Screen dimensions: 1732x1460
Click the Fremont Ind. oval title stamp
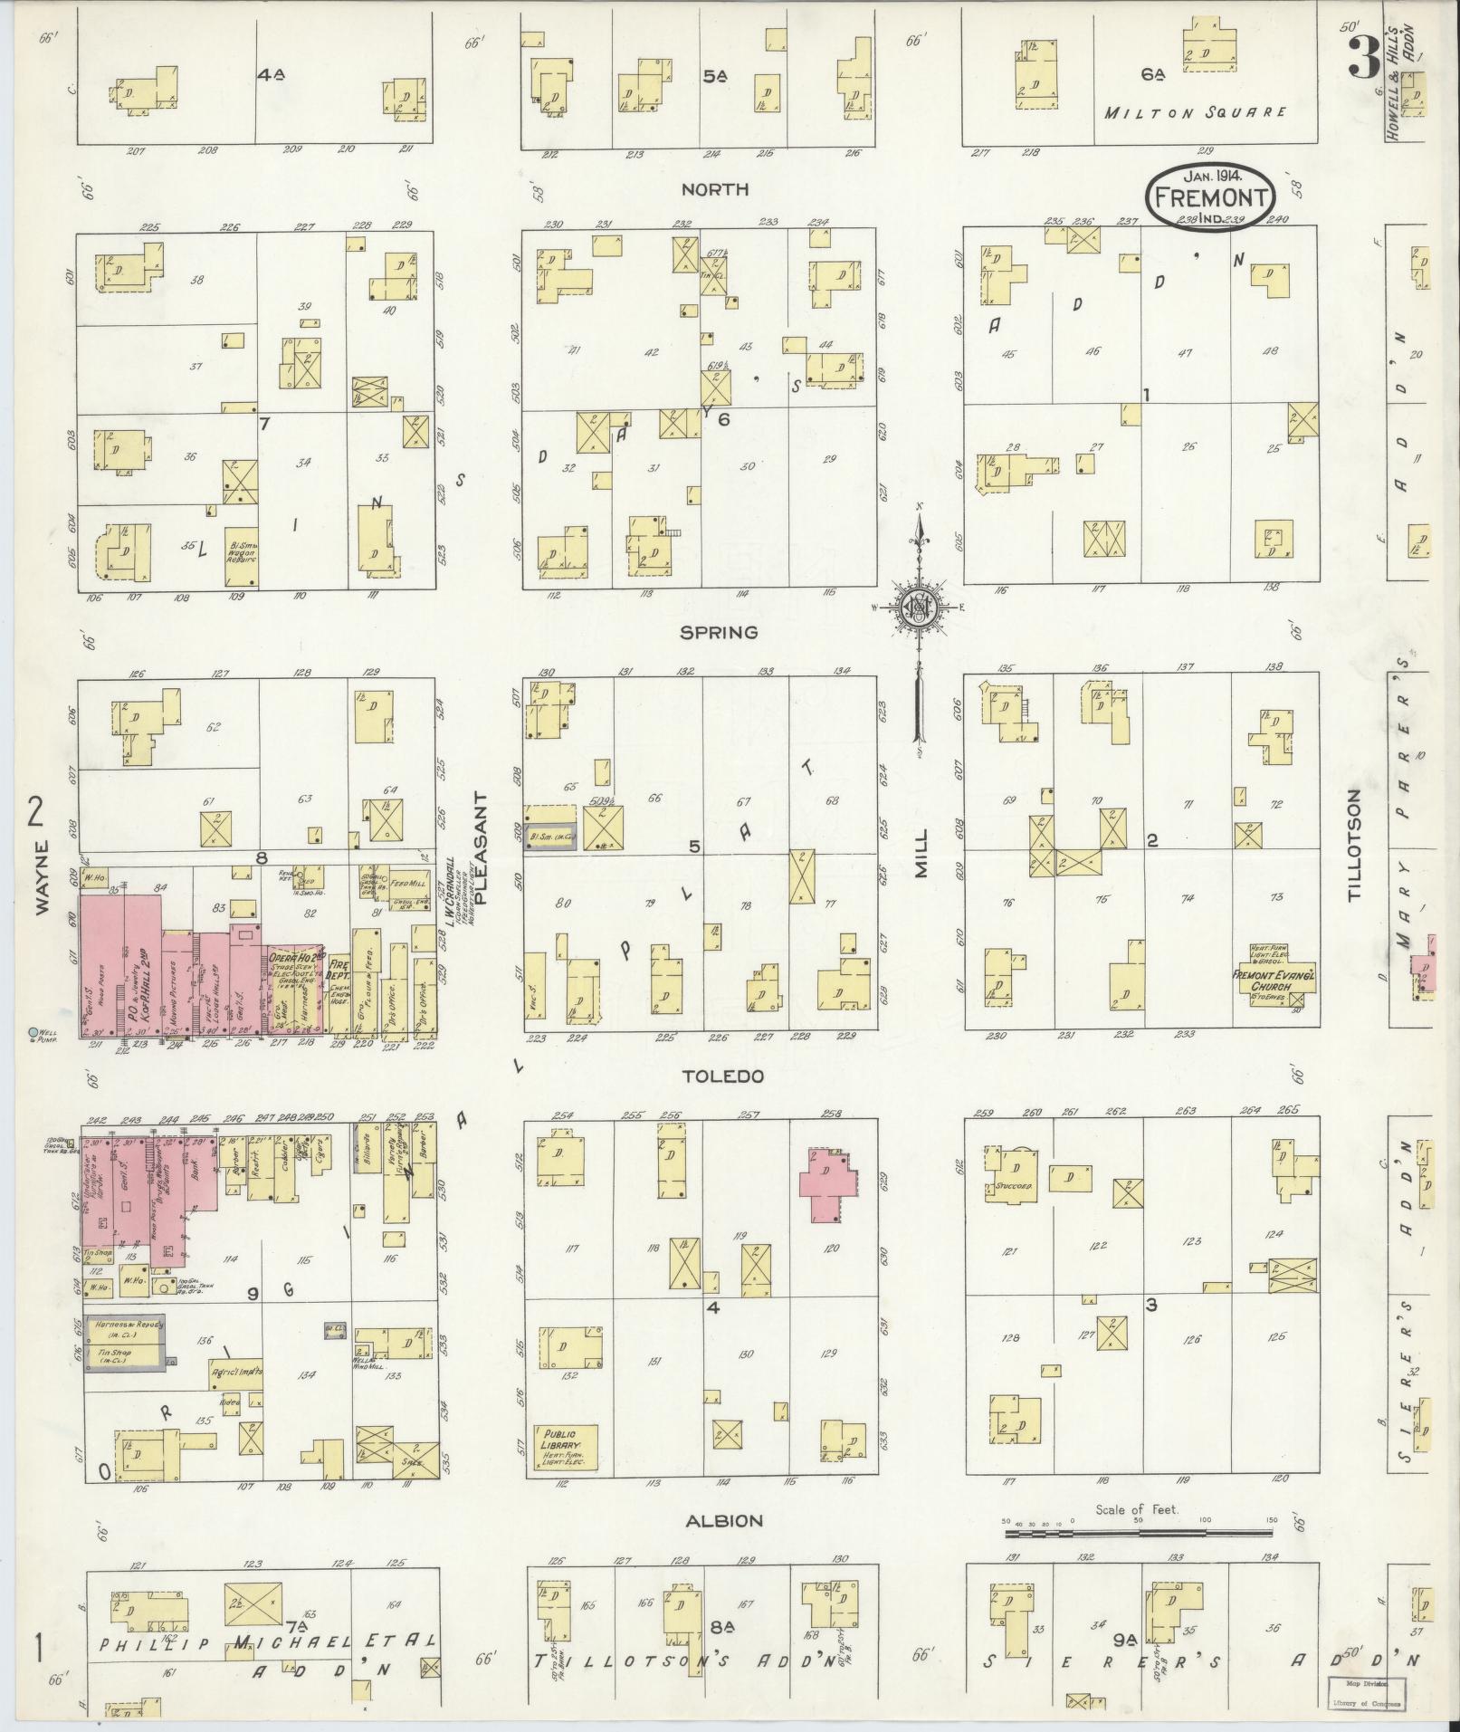pos(1209,197)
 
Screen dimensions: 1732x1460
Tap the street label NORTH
pos(714,189)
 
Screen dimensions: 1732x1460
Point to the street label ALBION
pos(723,1520)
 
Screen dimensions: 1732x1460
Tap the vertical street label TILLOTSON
pos(1354,844)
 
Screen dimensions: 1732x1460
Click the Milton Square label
pos(1195,112)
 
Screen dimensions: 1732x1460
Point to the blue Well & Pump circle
pos(34,1032)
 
